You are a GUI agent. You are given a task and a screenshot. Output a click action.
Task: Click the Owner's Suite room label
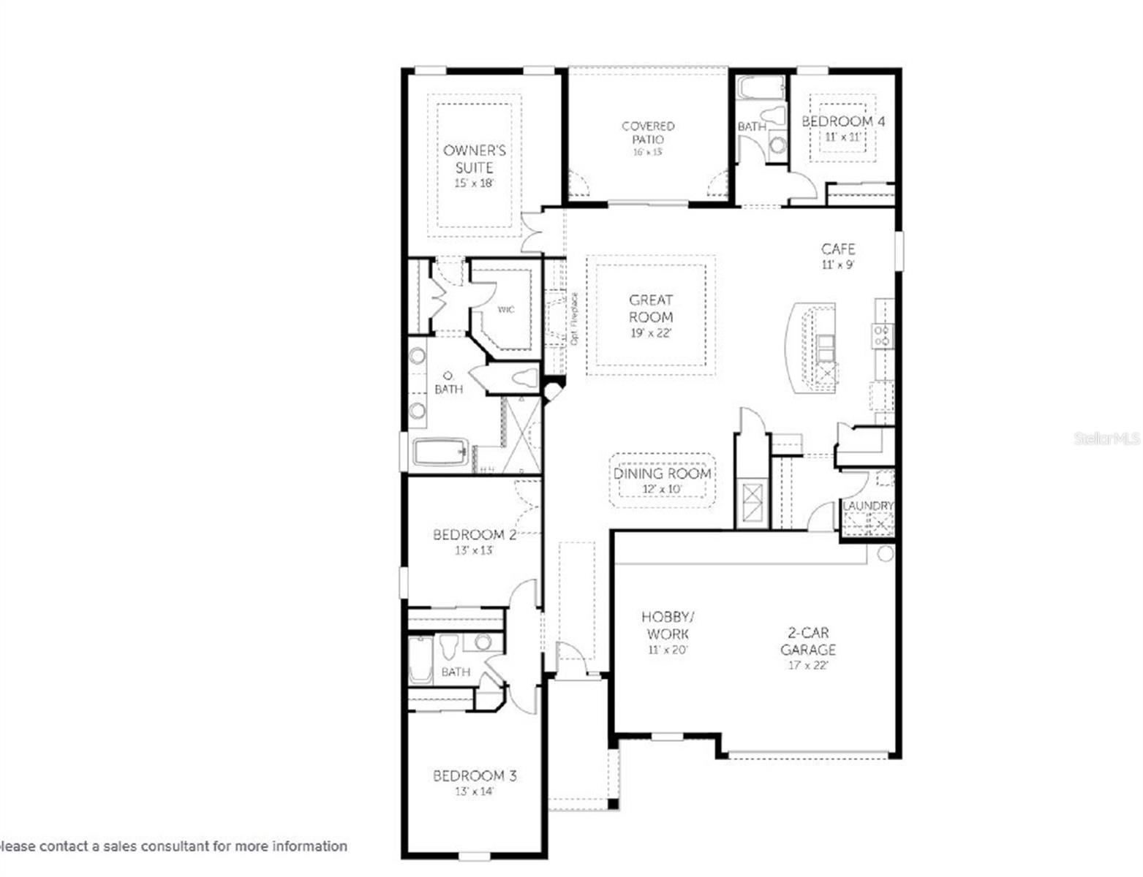point(474,159)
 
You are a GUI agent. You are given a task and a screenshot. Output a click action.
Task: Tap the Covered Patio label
point(648,132)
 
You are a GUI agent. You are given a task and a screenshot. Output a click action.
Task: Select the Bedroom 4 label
point(842,121)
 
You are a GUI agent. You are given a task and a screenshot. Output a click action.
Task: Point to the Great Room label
point(651,308)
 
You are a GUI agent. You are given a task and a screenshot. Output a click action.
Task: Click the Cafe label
point(838,249)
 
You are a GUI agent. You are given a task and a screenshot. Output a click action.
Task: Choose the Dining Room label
point(662,474)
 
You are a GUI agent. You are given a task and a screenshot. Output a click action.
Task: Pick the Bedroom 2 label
point(474,535)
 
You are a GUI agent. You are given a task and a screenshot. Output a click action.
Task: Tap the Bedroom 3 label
point(474,775)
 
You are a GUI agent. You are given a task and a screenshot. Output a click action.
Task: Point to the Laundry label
point(868,506)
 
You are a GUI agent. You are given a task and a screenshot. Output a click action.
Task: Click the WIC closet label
point(506,310)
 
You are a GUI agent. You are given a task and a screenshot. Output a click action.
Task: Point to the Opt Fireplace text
point(575,319)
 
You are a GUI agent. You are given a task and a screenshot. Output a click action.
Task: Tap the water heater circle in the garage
point(885,553)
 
